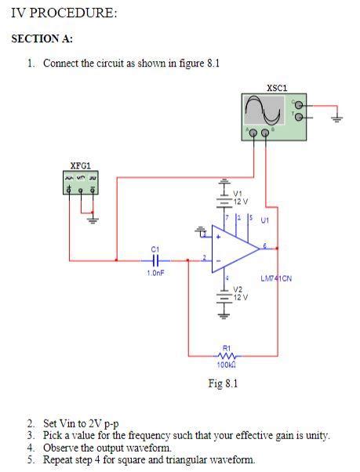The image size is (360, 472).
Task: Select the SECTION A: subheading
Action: pyautogui.click(x=46, y=38)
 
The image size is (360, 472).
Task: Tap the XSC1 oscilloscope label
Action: pyautogui.click(x=277, y=87)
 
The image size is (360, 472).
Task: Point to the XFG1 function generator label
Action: pyautogui.click(x=81, y=166)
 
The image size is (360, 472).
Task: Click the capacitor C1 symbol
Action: pyautogui.click(x=155, y=258)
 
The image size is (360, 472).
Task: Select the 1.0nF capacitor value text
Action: pyautogui.click(x=155, y=274)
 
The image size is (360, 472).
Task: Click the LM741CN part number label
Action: pyautogui.click(x=276, y=278)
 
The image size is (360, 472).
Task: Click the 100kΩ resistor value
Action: pyautogui.click(x=229, y=365)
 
